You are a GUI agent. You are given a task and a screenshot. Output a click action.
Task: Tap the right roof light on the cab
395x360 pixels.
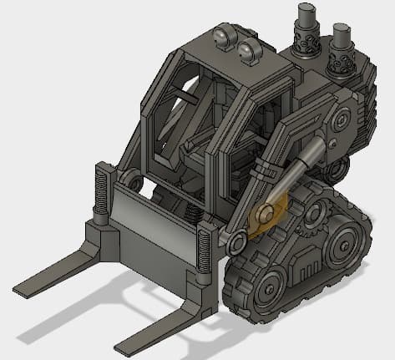pyautogui.click(x=248, y=52)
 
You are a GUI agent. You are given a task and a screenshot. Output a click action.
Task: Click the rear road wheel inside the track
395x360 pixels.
pyautogui.click(x=344, y=247)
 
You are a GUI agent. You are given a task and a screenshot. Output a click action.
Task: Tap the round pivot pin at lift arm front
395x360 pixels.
pyautogui.click(x=236, y=243)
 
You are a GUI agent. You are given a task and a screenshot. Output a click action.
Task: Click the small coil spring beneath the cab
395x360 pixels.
pyautogui.click(x=191, y=212)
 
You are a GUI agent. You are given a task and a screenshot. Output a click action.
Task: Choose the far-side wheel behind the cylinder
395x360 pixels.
pyautogui.click(x=337, y=171)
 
